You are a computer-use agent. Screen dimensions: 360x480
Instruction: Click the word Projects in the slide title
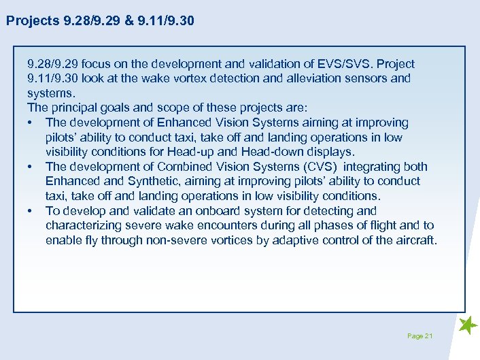pyautogui.click(x=32, y=21)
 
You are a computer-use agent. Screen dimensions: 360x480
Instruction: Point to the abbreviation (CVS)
pyautogui.click(x=315, y=167)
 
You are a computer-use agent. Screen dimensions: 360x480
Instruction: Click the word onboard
pyautogui.click(x=221, y=211)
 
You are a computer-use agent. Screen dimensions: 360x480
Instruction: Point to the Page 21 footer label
pyautogui.click(x=420, y=336)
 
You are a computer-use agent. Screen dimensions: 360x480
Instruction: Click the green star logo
pyautogui.click(x=468, y=326)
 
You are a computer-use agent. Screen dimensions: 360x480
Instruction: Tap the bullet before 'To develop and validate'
pyautogui.click(x=31, y=211)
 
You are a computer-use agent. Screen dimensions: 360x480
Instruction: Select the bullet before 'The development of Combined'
pyautogui.click(x=31, y=167)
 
